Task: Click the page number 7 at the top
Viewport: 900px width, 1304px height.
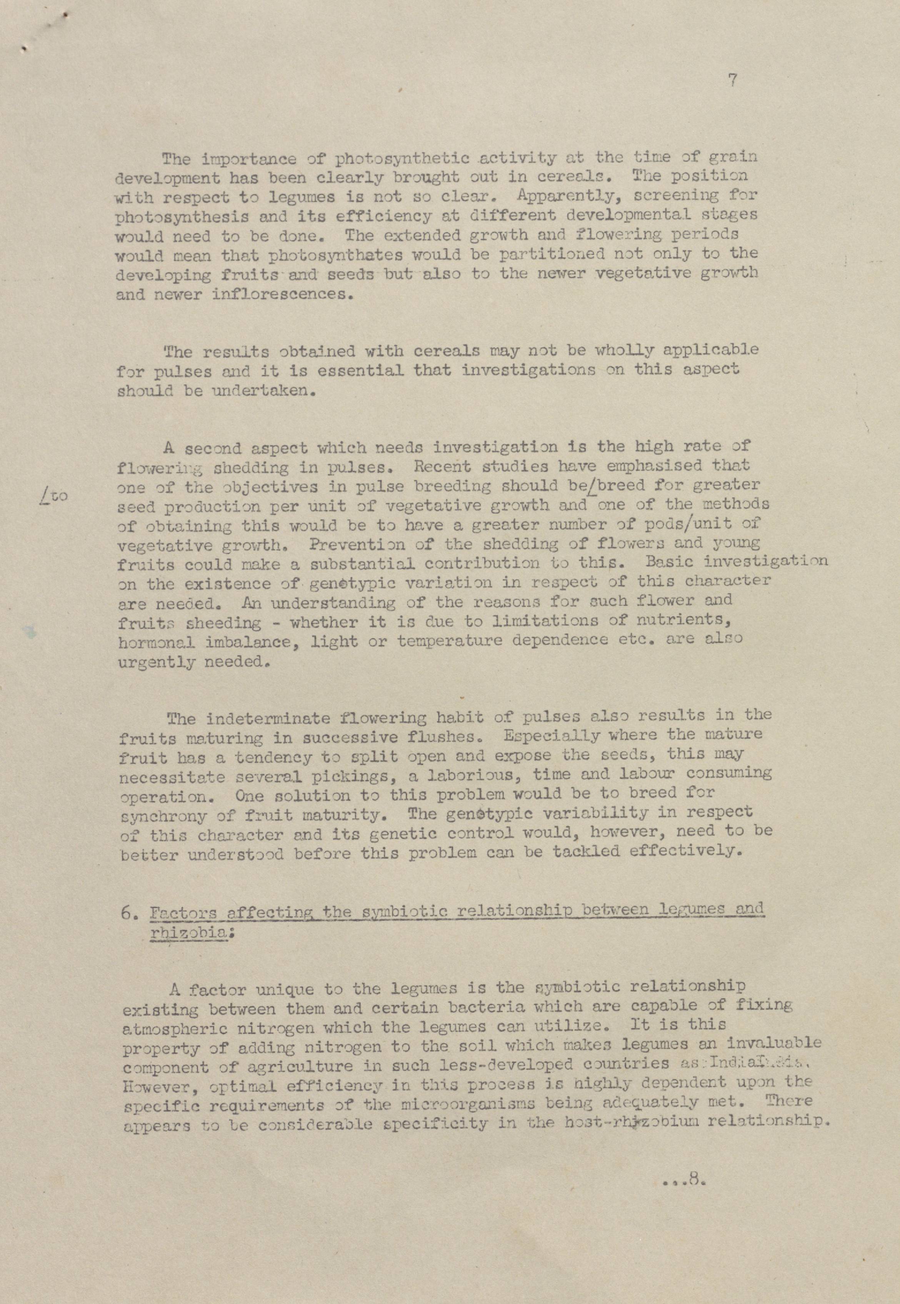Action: coord(732,81)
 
